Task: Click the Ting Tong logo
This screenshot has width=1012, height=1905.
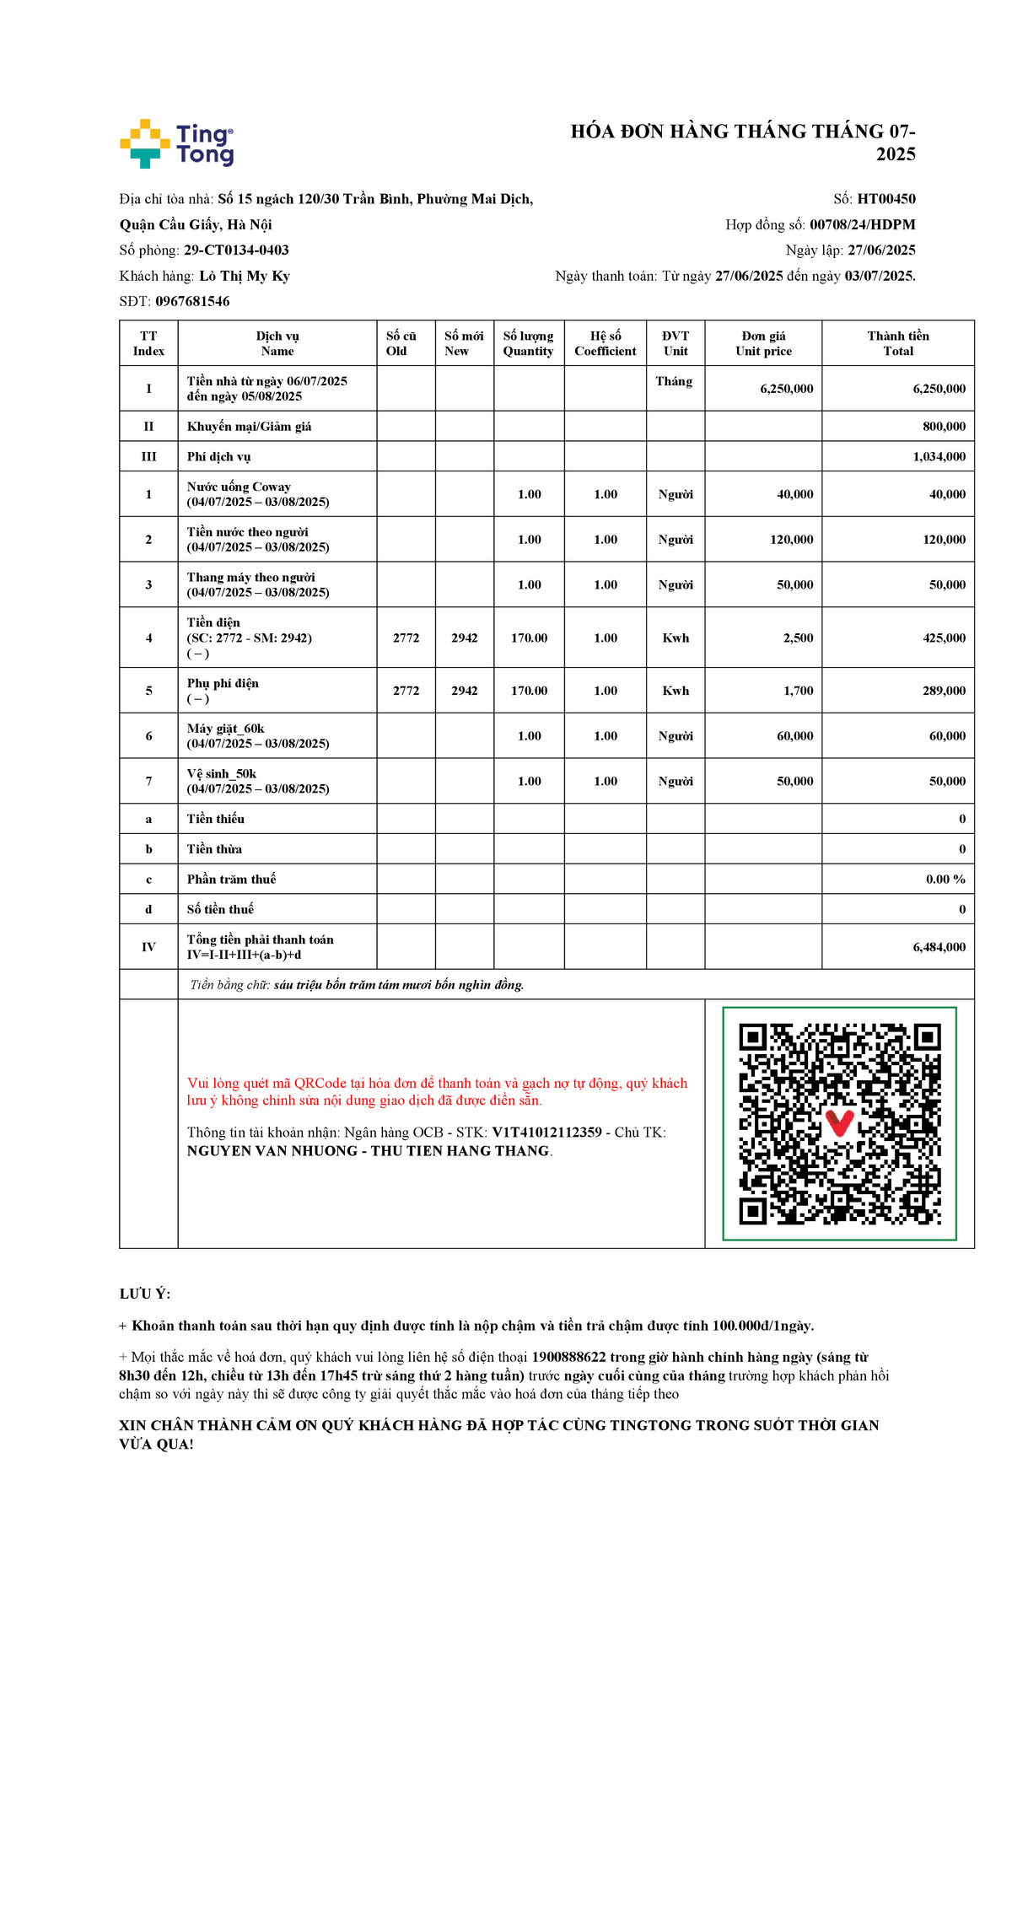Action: (x=177, y=143)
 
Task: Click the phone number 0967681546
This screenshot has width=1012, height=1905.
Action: (x=192, y=301)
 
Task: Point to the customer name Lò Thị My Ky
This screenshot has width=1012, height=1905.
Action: (x=245, y=276)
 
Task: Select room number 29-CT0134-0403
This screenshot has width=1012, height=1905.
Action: (x=236, y=250)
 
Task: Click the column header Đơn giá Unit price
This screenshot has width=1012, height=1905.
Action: (x=763, y=343)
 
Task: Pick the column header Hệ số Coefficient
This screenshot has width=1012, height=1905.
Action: (x=605, y=343)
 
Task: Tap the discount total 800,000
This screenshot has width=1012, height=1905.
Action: (x=944, y=427)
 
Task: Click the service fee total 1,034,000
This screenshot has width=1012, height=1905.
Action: (x=939, y=457)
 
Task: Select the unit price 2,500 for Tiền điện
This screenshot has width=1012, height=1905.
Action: (x=798, y=638)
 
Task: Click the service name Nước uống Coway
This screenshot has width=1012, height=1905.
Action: (x=239, y=487)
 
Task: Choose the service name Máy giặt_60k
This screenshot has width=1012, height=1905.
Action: (x=225, y=729)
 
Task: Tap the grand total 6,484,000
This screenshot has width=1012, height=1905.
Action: (x=939, y=947)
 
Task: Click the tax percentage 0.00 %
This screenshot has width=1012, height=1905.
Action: (x=945, y=880)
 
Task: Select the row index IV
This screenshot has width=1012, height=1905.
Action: (x=148, y=947)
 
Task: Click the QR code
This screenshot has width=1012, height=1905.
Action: (x=839, y=1123)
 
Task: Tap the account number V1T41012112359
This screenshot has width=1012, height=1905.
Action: (x=546, y=1133)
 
